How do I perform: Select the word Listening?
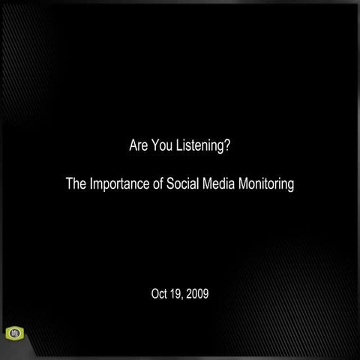point(199,145)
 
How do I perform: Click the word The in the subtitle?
point(76,184)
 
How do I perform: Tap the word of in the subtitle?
point(159,184)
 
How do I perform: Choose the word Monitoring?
point(266,184)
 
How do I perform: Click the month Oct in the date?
point(160,292)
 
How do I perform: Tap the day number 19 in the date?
point(178,292)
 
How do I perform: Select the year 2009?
point(199,292)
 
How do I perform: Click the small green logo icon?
point(14,333)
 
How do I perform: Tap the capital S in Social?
point(171,184)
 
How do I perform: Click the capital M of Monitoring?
point(243,184)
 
